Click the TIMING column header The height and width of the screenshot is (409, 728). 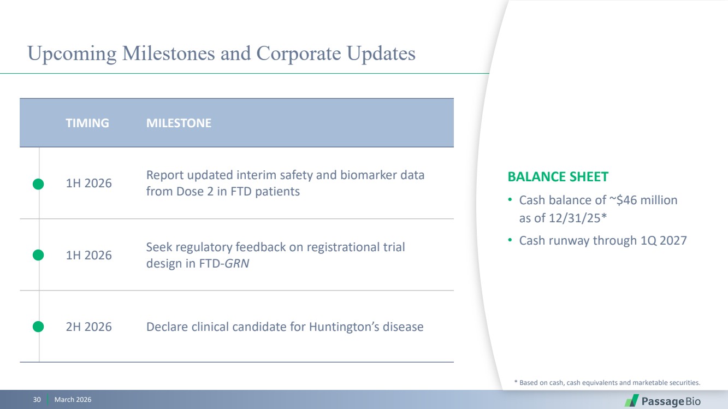[x=87, y=123]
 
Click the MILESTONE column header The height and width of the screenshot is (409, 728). [x=179, y=123]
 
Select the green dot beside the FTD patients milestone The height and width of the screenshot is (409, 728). [x=38, y=184]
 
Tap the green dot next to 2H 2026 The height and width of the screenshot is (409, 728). [x=38, y=327]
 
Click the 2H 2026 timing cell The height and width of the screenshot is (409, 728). [x=88, y=327]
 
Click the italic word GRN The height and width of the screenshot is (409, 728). [x=237, y=263]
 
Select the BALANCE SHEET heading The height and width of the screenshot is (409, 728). [x=558, y=177]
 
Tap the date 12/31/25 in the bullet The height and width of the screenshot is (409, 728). [x=575, y=218]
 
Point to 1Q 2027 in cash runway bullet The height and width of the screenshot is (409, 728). [x=664, y=241]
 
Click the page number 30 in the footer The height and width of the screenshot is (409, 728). [x=37, y=400]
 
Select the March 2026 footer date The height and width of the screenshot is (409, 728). [x=73, y=400]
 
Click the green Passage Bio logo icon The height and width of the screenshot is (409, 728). [x=631, y=401]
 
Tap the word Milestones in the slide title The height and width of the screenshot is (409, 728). [x=168, y=54]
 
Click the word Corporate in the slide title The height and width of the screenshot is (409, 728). [x=299, y=54]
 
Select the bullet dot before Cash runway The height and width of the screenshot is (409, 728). [x=510, y=240]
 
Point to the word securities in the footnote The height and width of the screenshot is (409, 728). [x=685, y=383]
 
